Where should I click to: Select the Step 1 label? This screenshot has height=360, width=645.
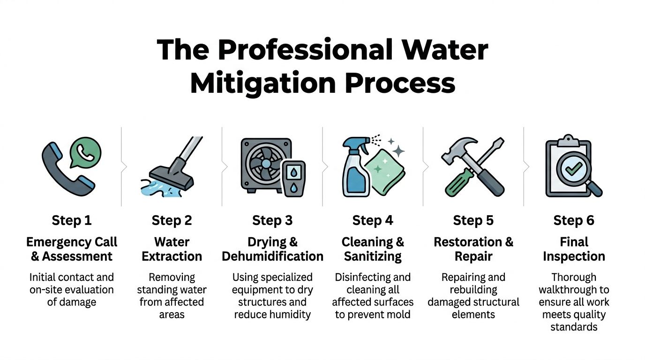(72, 220)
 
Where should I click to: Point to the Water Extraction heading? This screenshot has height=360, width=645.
(172, 249)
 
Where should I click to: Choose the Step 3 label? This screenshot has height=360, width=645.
(272, 220)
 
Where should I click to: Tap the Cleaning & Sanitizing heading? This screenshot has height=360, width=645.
(373, 249)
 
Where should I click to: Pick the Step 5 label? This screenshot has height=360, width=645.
(473, 220)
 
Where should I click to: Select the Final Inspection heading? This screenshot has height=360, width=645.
(574, 249)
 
